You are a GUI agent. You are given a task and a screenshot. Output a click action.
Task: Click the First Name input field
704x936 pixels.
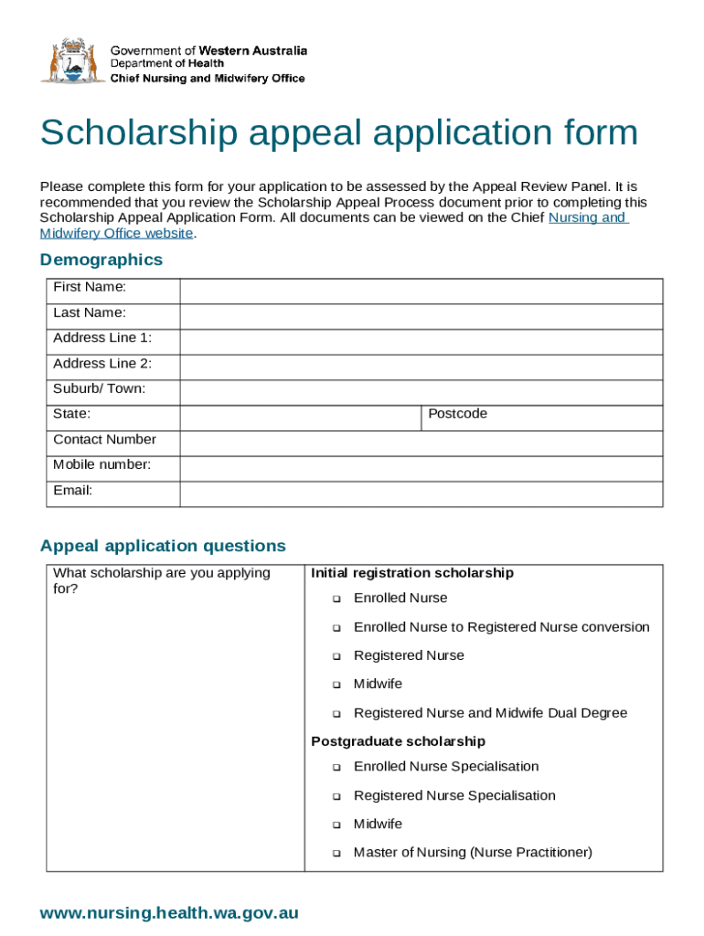(421, 292)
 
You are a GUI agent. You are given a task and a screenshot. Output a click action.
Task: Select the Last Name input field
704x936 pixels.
(421, 316)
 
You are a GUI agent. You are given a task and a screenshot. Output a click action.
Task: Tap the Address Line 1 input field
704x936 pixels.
(421, 342)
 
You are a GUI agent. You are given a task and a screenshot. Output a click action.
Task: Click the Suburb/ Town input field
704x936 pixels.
(421, 392)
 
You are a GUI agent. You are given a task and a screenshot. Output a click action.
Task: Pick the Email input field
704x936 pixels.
(421, 494)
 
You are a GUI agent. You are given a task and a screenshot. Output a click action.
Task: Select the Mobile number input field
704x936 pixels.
(421, 468)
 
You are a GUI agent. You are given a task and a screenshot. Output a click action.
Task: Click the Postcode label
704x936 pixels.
(458, 414)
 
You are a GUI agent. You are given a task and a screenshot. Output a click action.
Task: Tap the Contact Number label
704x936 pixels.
(104, 440)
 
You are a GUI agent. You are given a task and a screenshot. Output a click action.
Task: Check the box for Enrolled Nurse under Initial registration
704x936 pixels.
(336, 600)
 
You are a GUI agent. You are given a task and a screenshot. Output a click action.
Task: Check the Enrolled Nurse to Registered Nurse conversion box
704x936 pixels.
(336, 629)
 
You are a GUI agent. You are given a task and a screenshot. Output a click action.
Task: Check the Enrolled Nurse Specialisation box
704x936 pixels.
(336, 768)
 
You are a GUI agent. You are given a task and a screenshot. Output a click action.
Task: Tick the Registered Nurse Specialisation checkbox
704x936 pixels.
(336, 797)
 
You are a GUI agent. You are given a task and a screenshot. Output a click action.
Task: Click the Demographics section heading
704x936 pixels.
(101, 260)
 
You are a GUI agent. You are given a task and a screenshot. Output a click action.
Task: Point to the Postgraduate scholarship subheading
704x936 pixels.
(398, 741)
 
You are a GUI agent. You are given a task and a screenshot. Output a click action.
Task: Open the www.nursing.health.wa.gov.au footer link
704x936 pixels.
(169, 912)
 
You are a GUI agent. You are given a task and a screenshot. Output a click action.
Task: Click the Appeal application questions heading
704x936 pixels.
(163, 546)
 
